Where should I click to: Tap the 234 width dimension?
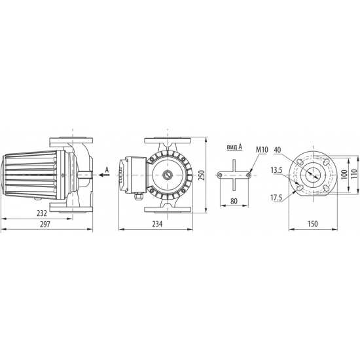pos(157,224)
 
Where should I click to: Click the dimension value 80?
pos(234,202)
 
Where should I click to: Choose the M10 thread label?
pos(262,150)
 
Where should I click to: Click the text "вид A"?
pos(234,147)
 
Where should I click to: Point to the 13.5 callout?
pos(276,170)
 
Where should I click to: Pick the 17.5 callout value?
pos(276,197)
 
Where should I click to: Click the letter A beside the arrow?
pos(107,170)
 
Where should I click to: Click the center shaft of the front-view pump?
pos(168,175)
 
